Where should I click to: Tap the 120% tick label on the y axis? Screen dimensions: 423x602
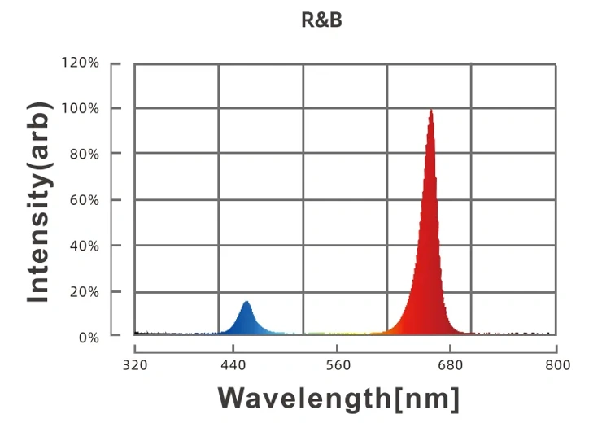[x=81, y=63]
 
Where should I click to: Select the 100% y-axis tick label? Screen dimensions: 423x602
[x=81, y=108]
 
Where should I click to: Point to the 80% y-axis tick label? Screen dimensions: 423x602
[x=85, y=154]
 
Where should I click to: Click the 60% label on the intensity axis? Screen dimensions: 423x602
[x=85, y=199]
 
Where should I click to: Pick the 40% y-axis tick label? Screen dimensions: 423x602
[x=85, y=245]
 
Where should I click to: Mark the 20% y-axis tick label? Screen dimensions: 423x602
[x=85, y=291]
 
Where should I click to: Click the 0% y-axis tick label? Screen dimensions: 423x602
[x=89, y=337]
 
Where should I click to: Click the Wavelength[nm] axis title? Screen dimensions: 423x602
[x=339, y=399]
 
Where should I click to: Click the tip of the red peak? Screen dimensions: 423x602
[x=430, y=111]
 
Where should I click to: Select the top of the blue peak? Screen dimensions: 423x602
[x=246, y=303]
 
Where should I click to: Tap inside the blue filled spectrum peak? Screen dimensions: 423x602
[x=246, y=321]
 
